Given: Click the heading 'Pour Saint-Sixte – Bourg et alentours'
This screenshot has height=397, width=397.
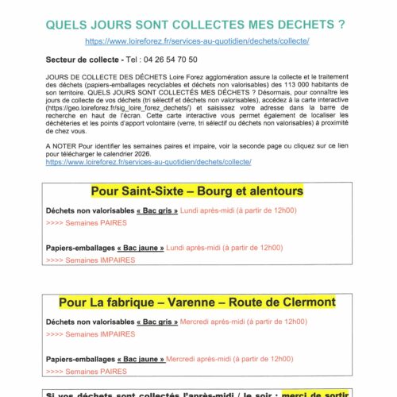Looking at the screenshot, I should click(197, 191).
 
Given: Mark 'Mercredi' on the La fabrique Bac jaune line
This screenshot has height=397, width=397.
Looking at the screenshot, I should click(182, 359).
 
